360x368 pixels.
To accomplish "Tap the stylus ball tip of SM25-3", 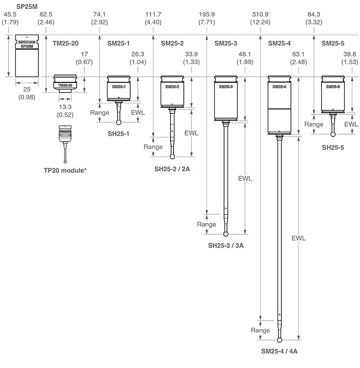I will tap(227, 233).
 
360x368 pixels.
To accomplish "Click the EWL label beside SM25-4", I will tap(298, 238).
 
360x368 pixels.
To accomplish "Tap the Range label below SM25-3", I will tap(207, 224).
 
